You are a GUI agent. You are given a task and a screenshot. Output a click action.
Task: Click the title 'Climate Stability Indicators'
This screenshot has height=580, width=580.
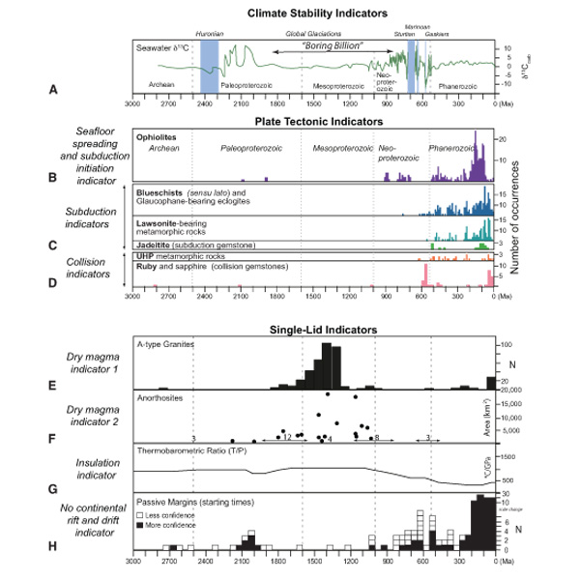click(x=318, y=13)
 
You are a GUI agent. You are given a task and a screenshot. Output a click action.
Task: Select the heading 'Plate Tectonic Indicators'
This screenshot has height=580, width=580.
click(x=318, y=122)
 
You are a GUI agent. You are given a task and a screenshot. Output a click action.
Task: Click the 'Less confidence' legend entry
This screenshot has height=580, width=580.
click(x=168, y=516)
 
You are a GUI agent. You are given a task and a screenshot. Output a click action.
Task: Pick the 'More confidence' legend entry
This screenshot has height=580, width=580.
click(x=168, y=528)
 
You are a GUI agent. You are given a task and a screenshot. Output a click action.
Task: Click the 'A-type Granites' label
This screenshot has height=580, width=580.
click(x=167, y=345)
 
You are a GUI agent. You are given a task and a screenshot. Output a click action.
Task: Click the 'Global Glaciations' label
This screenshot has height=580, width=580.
click(x=308, y=34)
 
